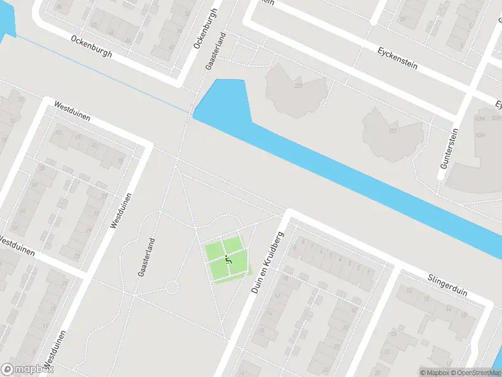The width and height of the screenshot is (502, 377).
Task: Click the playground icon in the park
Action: pyautogui.click(x=228, y=258)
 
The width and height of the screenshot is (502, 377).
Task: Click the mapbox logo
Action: pyautogui.click(x=28, y=369)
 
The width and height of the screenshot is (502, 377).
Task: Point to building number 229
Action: pyautogui.click(x=298, y=85)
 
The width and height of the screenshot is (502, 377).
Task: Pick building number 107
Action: pyautogui.click(x=393, y=131)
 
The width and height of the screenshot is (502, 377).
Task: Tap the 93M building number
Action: pyautogui.click(x=482, y=118)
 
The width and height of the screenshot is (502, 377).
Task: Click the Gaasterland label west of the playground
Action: pyautogui.click(x=146, y=257)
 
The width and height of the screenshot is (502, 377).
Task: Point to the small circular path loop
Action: pyautogui.click(x=171, y=288)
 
